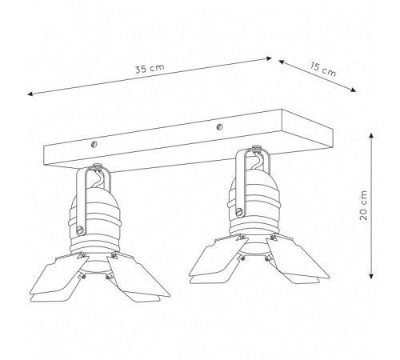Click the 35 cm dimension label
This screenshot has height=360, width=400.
coord(150,68)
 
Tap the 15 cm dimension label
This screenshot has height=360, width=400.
coord(323,70)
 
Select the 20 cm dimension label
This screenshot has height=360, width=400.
coord(363,205)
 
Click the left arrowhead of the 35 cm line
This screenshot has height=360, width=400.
coord(30,94)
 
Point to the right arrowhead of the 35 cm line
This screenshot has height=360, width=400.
coord(269,58)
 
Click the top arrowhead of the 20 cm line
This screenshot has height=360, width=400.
coord(370,136)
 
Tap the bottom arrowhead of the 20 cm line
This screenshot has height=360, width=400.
coord(370,276)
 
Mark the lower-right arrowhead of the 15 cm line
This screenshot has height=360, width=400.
coord(353,90)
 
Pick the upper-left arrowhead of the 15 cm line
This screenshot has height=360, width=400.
coord(282,62)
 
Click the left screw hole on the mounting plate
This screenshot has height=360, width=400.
coord(94,145)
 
